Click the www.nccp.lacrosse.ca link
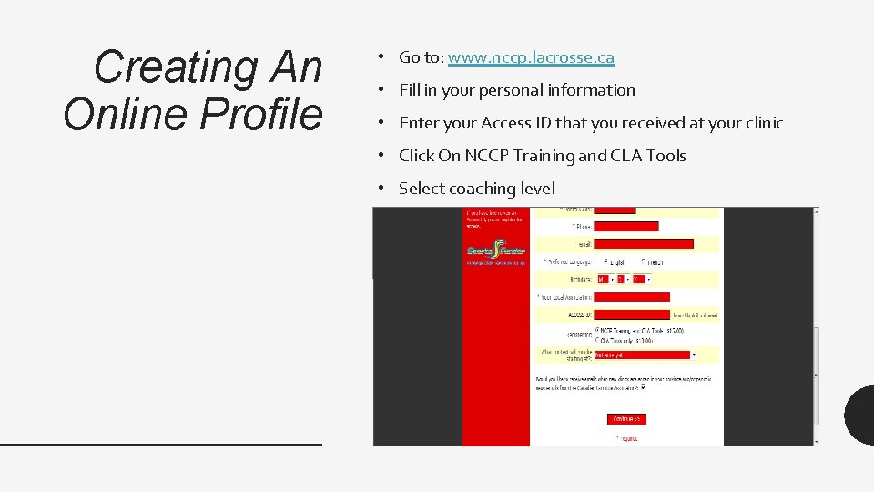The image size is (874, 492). (x=531, y=57)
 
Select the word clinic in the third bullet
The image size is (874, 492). (x=759, y=123)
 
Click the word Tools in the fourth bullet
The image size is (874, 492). (x=666, y=156)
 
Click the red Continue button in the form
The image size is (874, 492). (x=626, y=419)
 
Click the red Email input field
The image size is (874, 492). (x=644, y=244)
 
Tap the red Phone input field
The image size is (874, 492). (x=626, y=226)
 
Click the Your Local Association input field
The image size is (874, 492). (x=632, y=296)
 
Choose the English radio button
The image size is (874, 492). (x=598, y=261)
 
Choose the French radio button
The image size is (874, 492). (x=644, y=261)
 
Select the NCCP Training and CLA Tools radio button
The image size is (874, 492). (x=597, y=330)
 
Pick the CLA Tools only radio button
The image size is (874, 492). (x=597, y=339)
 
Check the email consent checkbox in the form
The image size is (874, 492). (x=644, y=387)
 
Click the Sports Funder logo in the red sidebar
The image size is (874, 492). (x=496, y=251)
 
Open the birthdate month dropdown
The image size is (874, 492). (x=602, y=279)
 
